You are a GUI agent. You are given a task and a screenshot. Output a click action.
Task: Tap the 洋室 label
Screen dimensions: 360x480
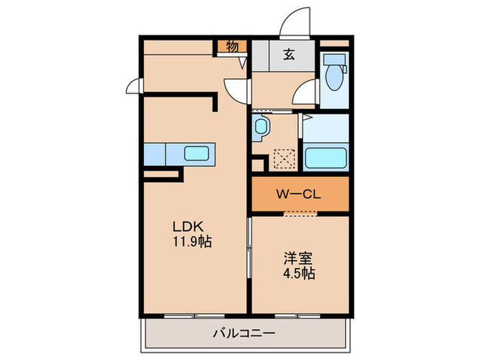300,259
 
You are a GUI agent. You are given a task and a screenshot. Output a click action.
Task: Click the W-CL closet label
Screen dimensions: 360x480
300,194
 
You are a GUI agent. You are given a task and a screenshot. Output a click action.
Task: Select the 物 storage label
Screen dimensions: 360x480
232,47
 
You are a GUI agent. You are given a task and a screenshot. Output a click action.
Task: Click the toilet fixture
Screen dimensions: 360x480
335,77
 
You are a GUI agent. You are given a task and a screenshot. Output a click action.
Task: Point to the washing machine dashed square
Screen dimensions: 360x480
283,160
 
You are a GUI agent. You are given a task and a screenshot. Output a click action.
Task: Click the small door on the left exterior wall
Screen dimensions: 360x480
133,86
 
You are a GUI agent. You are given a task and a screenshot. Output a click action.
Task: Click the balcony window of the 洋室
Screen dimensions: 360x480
296,315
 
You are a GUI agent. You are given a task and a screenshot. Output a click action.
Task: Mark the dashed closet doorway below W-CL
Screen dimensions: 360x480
300,214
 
